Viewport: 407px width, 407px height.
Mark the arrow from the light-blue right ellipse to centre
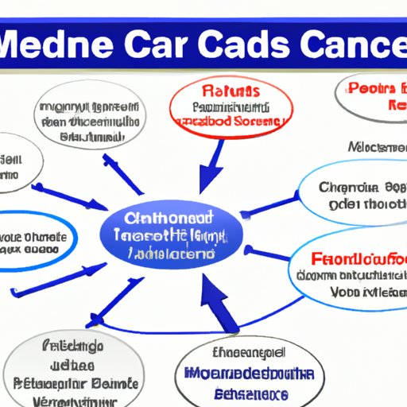[x=266, y=209]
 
